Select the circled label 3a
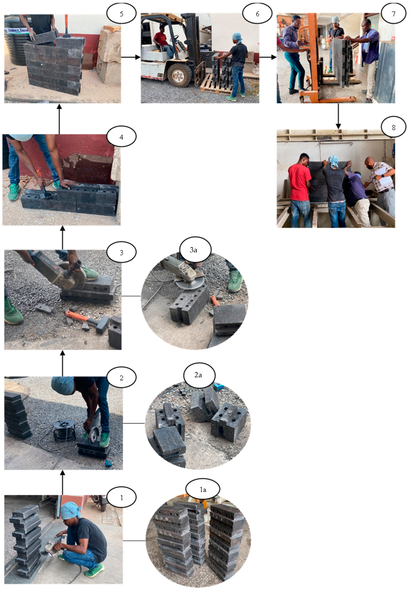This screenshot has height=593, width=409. [x=193, y=250]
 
